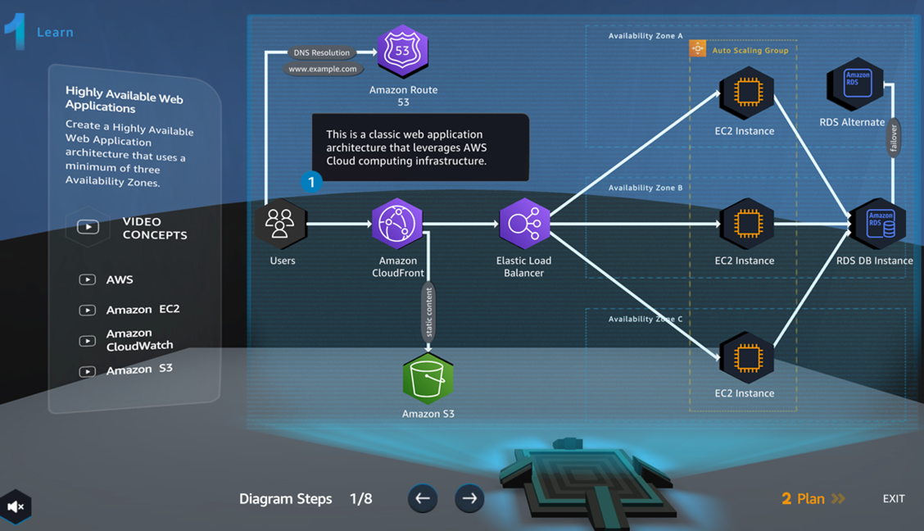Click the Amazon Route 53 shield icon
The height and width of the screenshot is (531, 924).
(x=402, y=52)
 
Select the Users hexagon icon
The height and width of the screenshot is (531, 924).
(x=280, y=224)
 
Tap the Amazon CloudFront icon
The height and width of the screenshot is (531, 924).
(x=397, y=224)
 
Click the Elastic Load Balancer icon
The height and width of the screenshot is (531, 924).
(x=524, y=224)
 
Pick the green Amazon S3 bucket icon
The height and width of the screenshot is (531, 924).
(x=428, y=379)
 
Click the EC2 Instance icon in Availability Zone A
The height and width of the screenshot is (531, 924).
(x=747, y=93)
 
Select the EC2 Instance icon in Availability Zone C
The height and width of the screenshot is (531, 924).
(x=747, y=358)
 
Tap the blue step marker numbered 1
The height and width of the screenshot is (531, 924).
(x=311, y=182)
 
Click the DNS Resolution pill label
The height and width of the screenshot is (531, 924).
(x=321, y=52)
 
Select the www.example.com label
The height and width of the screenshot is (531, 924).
(x=323, y=69)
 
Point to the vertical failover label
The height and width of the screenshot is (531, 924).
(x=894, y=138)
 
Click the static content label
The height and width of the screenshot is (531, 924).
(x=428, y=312)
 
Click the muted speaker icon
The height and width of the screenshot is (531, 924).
(x=15, y=507)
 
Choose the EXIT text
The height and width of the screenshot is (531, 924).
(x=894, y=498)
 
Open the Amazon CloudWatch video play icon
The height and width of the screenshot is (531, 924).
(x=87, y=341)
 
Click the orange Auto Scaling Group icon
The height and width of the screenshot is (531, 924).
(x=698, y=49)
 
